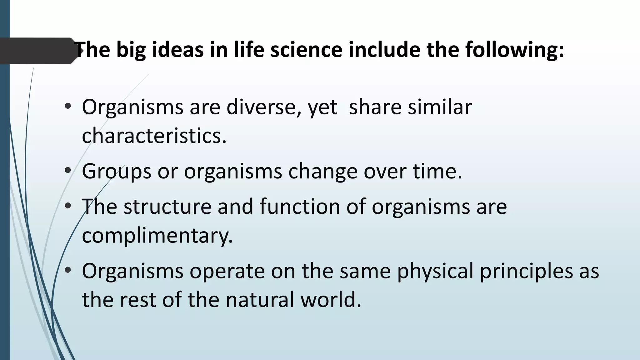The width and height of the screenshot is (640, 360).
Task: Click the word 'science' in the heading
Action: pos(306,50)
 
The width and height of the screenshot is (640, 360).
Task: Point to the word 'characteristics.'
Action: pos(154,136)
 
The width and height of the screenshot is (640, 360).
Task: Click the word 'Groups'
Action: pos(117,172)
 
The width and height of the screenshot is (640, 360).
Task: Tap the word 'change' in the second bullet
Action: pos(322,172)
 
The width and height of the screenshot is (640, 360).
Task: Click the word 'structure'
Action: pos(167,207)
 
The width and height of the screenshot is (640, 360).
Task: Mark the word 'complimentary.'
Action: pos(157,236)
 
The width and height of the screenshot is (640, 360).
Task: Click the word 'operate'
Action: pos(227,271)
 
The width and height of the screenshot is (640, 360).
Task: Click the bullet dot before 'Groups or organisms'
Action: pos(68,171)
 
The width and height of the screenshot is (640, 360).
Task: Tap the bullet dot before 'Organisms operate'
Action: pos(68,271)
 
